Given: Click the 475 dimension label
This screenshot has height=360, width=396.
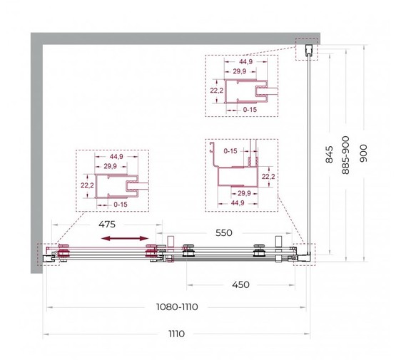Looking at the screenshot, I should (x=106, y=225).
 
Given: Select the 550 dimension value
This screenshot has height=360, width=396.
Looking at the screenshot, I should (x=223, y=233).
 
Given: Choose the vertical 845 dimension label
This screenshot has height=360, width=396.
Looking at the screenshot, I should (x=329, y=155).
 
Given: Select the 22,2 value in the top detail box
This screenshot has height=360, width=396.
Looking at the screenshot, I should (x=215, y=91).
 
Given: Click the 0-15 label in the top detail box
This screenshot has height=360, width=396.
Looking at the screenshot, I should (x=250, y=110).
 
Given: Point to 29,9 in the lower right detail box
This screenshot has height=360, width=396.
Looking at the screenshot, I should (x=243, y=193).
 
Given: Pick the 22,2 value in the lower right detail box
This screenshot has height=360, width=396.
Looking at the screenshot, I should (x=268, y=176).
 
